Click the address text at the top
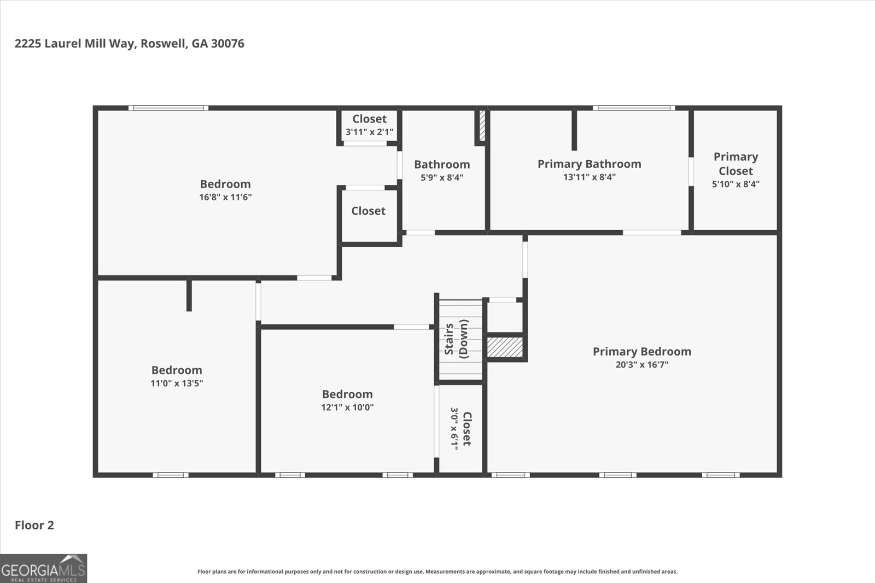pos(129,43)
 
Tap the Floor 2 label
pos(34,525)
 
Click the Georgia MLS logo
pos(43,569)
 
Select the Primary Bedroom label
pos(642,351)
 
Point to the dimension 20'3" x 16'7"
pos(642,365)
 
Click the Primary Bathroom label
pos(589,164)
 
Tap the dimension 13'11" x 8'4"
pos(589,177)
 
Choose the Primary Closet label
pos(736,164)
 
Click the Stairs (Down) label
pos(456,339)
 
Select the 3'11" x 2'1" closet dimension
pos(369,132)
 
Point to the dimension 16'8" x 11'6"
pos(225,197)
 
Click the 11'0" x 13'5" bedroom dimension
pos(177,383)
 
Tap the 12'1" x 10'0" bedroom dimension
pos(347,407)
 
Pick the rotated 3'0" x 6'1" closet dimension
pos(454,429)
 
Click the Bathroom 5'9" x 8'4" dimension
pos(442,177)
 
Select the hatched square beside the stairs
pos(505,347)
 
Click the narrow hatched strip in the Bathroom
pos(482,126)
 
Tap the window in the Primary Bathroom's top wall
pos(634,108)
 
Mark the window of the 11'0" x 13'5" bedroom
pos(170,475)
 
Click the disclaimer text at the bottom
pos(437,572)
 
